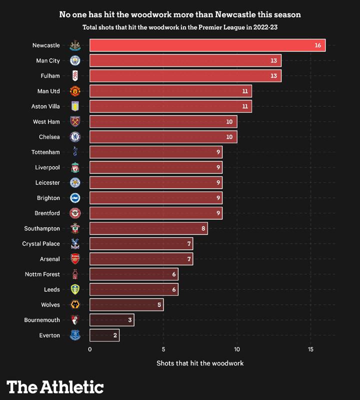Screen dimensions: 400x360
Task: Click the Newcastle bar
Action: [207, 46]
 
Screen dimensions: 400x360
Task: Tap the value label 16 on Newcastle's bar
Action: [318, 46]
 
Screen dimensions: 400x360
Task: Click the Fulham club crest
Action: [75, 76]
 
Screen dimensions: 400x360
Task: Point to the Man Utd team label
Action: [48, 91]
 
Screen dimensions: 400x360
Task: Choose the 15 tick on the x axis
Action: [310, 349]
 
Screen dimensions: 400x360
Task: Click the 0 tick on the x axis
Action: [90, 349]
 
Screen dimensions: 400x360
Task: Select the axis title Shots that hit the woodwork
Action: [200, 363]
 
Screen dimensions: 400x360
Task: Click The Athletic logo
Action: [55, 386]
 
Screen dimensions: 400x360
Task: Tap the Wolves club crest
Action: [75, 305]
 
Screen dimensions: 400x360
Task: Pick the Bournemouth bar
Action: [111, 320]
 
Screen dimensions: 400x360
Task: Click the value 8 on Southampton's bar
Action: [203, 229]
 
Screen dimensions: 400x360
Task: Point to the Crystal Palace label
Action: [41, 244]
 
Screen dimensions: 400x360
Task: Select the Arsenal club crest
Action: [75, 259]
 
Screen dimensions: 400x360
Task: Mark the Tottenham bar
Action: [156, 152]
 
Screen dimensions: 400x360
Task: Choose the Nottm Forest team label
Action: [42, 274]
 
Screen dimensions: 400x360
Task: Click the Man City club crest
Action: [75, 61]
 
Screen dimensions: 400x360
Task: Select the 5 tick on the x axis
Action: [163, 349]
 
